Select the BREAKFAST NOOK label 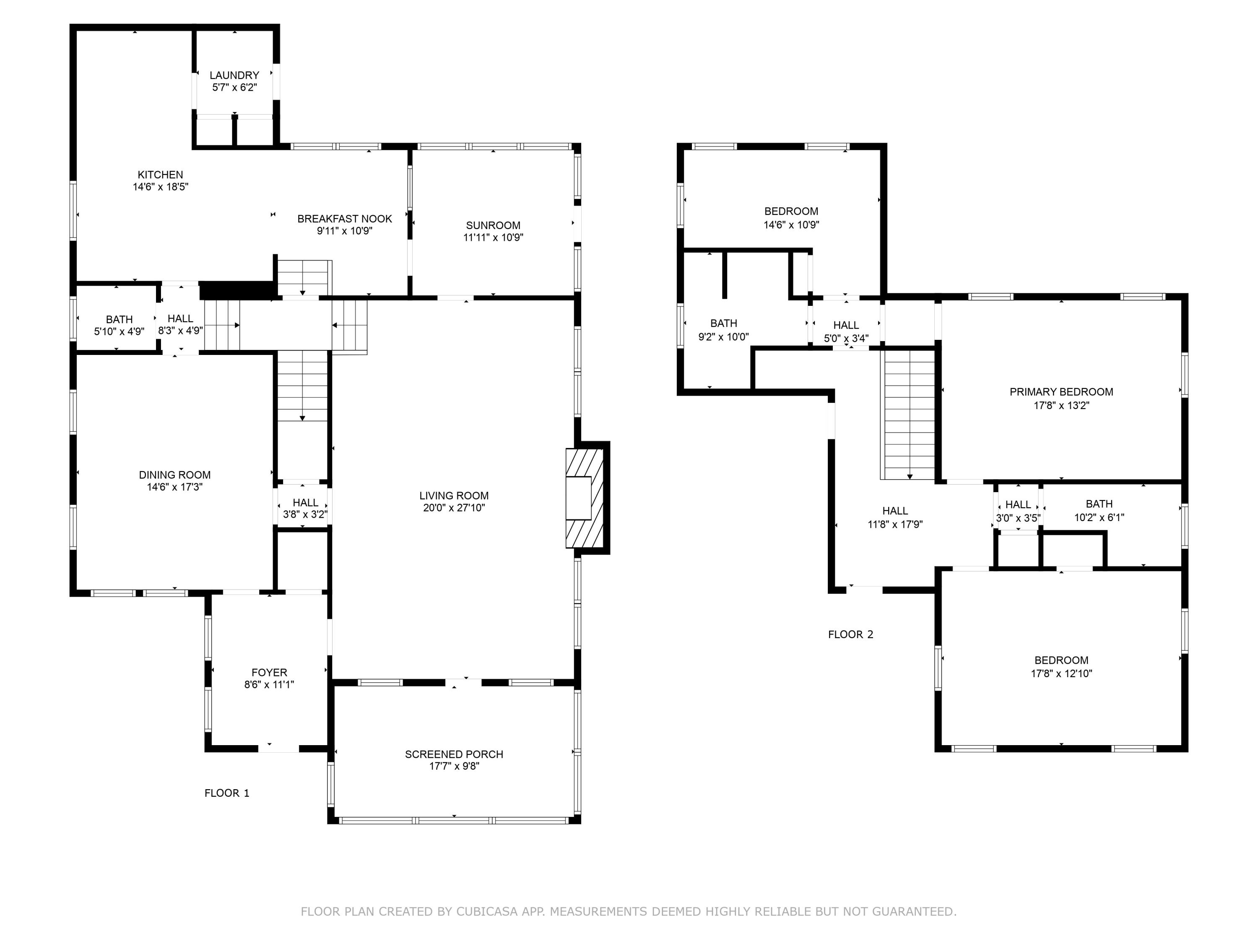pos(344,219)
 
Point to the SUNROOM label pos(493,225)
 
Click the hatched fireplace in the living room pos(584,498)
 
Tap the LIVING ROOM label pos(454,495)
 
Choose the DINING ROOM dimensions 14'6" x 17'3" pos(174,487)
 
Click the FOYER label pos(269,672)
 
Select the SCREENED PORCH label pos(454,754)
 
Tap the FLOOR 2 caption pos(850,634)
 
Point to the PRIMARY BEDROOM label pos(1061,391)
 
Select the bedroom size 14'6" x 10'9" pos(791,225)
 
